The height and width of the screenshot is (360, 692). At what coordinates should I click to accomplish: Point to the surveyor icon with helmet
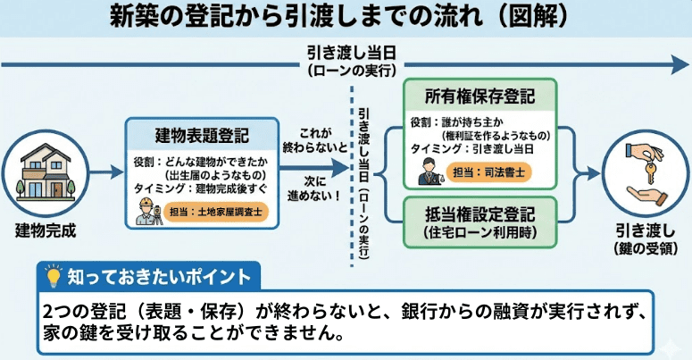147,211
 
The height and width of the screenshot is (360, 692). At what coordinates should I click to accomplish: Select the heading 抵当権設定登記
480,215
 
